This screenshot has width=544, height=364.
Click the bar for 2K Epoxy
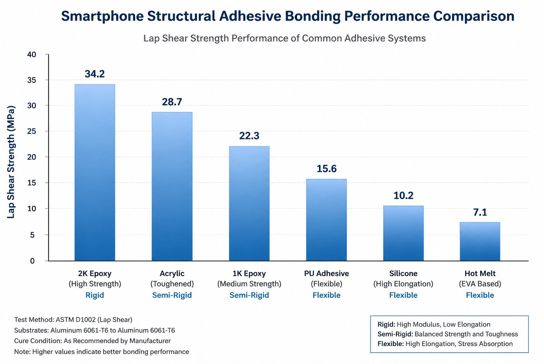[95, 172]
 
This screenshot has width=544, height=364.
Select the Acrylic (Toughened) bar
[172, 186]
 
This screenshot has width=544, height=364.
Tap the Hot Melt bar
[480, 242]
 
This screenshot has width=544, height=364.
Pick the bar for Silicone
[403, 233]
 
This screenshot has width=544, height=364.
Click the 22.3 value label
[249, 136]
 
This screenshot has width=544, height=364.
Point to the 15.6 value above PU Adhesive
[326, 169]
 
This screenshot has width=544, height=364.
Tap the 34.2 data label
[95, 74]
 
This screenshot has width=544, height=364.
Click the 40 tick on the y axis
[32, 54]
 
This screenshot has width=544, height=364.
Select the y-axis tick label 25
[32, 131]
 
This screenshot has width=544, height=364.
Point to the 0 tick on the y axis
[33, 261]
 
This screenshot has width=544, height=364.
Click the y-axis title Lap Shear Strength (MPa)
[11, 162]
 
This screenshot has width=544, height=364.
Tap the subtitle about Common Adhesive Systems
[284, 38]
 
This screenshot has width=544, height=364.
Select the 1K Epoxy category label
[249, 274]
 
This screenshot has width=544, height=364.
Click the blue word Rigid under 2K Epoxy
[95, 295]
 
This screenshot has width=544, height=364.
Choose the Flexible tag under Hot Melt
[480, 295]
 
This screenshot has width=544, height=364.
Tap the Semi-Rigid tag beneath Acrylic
[172, 295]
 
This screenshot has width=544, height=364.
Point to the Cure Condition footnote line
[92, 341]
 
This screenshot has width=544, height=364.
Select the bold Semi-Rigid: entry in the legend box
[395, 334]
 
